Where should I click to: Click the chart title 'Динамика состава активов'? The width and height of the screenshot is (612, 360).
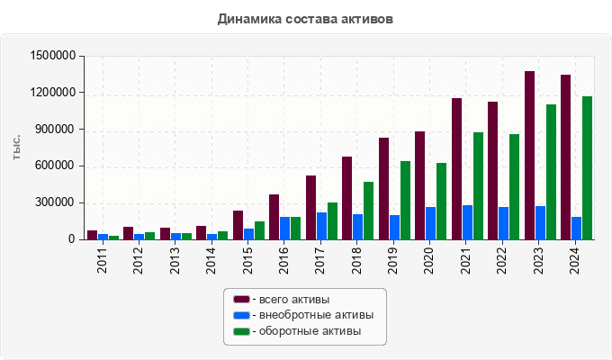click(305, 18)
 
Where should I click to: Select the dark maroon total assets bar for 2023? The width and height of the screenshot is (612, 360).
click(530, 156)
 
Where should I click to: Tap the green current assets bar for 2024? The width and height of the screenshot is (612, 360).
click(587, 168)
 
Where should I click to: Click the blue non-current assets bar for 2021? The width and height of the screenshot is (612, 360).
click(468, 222)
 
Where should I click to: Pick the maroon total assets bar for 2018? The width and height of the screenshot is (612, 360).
click(347, 198)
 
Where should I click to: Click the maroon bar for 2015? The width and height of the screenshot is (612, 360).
click(238, 225)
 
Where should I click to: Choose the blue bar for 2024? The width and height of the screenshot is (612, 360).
click(576, 228)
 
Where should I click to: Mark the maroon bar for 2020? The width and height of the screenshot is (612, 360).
click(420, 185)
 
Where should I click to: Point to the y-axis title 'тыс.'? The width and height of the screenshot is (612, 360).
click(17, 148)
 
